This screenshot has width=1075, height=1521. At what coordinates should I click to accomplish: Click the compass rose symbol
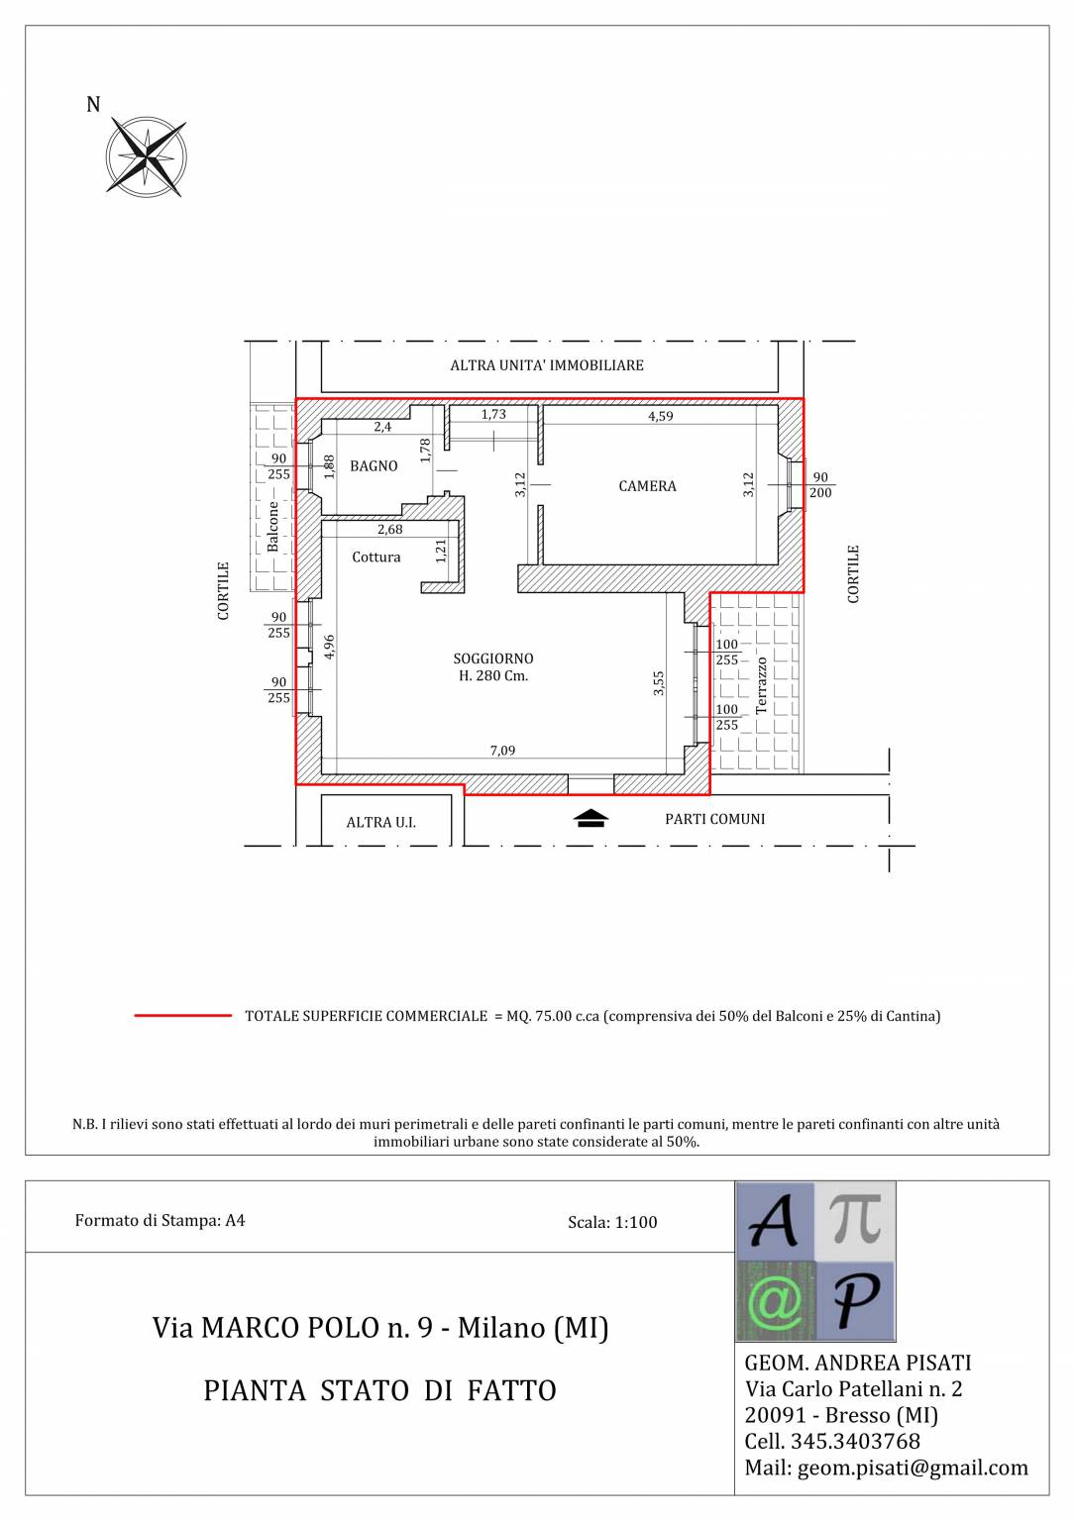[x=146, y=156]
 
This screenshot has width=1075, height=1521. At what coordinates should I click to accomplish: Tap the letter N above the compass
[x=93, y=105]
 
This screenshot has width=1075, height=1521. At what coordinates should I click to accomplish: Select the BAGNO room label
[x=374, y=465]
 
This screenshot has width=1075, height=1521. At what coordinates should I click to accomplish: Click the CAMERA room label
[x=647, y=486]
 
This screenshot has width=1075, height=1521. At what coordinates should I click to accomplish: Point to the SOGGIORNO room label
[x=493, y=659]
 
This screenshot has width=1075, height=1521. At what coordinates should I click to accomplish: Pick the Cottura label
[x=376, y=557]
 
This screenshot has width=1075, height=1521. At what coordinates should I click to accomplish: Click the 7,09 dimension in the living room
[x=503, y=751]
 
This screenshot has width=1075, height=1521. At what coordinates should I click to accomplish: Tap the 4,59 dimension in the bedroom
[x=661, y=416]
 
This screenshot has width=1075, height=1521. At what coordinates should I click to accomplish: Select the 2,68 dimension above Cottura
[x=390, y=529]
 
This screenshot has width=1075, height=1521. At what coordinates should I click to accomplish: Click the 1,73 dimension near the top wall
[x=493, y=414]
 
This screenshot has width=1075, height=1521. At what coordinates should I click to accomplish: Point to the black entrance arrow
[x=591, y=818]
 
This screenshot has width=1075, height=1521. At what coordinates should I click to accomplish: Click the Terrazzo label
[x=761, y=685]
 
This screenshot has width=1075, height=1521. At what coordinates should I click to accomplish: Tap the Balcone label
[x=272, y=526]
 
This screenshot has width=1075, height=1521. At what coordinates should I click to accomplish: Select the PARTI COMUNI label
[x=715, y=819]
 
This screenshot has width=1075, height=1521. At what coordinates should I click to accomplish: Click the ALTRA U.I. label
[x=381, y=822]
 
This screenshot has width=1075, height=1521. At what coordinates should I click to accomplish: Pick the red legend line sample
[x=183, y=1016]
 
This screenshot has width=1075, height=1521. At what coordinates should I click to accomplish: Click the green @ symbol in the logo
[x=775, y=1300]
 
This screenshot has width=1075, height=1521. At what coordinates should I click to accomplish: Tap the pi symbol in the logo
[x=856, y=1220]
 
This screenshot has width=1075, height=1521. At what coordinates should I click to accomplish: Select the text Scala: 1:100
[x=612, y=1222]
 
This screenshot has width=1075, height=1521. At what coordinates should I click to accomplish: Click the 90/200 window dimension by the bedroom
[x=820, y=485]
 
